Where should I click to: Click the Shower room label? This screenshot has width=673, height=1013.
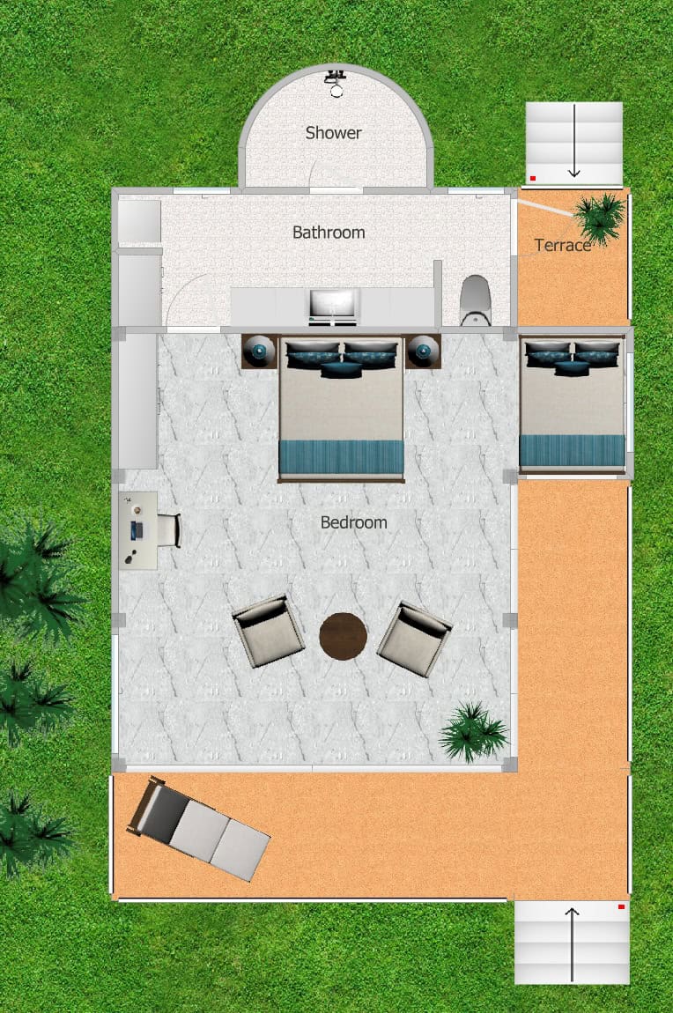click(x=333, y=133)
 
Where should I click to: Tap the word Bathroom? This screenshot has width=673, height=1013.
click(x=329, y=233)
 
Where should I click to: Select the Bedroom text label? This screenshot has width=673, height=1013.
click(x=354, y=522)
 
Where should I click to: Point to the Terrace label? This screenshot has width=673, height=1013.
click(x=563, y=246)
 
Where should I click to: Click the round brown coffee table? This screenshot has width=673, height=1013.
click(x=343, y=636)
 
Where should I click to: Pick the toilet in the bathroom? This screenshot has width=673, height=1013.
click(x=476, y=300)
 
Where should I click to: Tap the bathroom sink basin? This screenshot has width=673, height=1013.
click(x=333, y=306)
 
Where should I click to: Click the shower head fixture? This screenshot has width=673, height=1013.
click(x=336, y=83)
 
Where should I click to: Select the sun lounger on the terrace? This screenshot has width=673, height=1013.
click(x=198, y=829)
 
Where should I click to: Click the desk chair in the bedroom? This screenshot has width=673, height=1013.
click(x=169, y=530)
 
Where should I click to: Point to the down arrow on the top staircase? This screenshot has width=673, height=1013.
click(x=573, y=141)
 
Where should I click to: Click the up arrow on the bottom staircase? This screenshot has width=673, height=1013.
click(x=572, y=944)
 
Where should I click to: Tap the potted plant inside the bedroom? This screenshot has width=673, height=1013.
click(x=473, y=732)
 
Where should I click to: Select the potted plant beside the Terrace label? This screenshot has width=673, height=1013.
click(x=601, y=218)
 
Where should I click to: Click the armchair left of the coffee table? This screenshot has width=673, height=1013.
click(x=268, y=632)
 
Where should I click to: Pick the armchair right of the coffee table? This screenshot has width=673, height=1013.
click(x=415, y=639)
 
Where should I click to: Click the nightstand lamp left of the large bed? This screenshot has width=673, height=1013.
click(x=259, y=351)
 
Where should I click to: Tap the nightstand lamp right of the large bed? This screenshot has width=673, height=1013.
click(x=423, y=351)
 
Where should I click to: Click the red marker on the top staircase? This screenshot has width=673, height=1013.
click(x=533, y=178)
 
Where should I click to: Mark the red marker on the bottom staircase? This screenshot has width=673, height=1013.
click(x=621, y=907)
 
